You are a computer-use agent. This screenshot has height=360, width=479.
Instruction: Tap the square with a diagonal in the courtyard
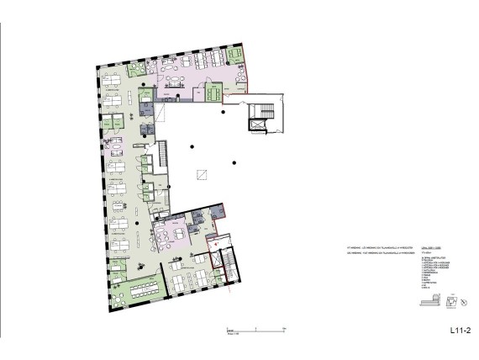point(201,174)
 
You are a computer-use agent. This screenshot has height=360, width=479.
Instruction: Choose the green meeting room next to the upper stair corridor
point(213,92)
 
